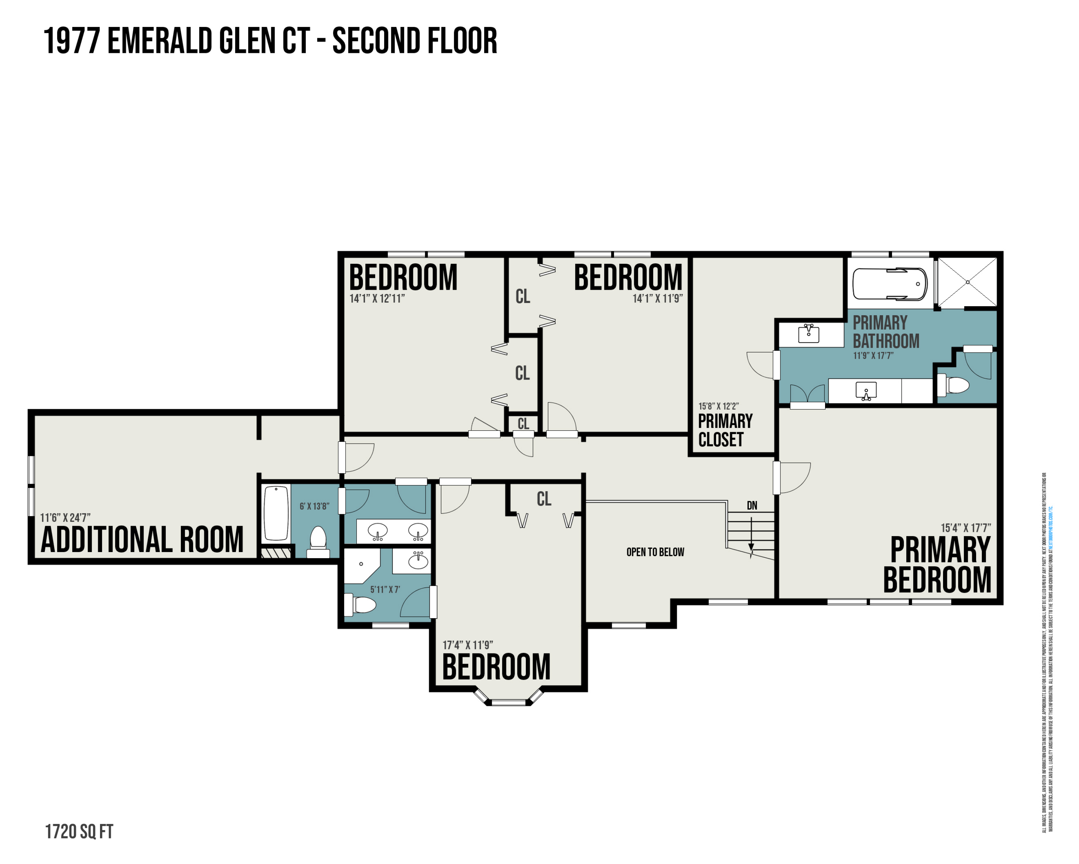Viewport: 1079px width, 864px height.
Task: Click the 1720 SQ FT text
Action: coord(79,832)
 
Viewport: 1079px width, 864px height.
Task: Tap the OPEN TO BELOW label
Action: coord(655,552)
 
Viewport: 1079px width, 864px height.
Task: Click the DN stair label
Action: coord(752,506)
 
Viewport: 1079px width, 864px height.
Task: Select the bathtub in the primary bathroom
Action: coord(889,284)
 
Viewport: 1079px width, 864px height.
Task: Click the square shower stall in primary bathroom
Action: coord(967,282)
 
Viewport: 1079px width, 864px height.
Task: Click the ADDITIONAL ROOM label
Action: coord(142,540)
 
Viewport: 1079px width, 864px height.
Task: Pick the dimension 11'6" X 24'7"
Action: coord(65,517)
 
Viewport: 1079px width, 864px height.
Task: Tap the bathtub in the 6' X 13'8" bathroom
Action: coord(276,513)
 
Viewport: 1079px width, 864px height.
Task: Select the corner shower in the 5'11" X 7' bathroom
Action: coord(360,565)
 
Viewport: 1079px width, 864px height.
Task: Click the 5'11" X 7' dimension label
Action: coord(385,590)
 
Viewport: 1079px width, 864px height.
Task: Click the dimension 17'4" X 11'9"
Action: coord(468,645)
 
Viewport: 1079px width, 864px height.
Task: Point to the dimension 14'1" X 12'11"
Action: coord(377,299)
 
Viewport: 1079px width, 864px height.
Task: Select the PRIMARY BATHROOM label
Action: coord(886,332)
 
